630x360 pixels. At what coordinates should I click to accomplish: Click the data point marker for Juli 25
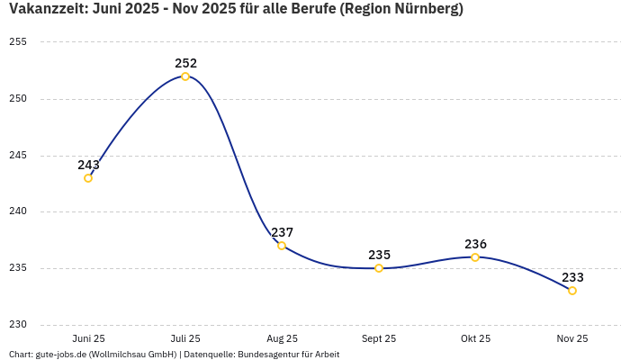click(185, 76)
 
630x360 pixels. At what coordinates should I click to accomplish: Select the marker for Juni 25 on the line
click(88, 178)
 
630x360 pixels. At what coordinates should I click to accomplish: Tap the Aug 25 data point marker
click(282, 246)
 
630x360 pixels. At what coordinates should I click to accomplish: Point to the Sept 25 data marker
click(379, 268)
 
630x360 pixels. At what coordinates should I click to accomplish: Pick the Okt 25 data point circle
click(475, 257)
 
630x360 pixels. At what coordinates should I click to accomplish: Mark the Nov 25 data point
click(572, 291)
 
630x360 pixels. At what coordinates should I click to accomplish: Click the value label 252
click(185, 63)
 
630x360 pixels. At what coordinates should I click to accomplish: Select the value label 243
click(88, 165)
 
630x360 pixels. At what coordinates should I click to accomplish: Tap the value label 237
click(282, 232)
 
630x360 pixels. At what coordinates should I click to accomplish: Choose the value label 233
click(572, 277)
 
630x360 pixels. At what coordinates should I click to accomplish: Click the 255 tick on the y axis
click(18, 42)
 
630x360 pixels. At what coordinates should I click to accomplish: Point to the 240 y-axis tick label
click(18, 211)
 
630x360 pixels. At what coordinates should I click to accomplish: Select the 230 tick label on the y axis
click(18, 325)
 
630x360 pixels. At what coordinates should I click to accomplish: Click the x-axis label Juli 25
click(185, 338)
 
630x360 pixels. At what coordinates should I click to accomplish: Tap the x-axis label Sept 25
click(379, 338)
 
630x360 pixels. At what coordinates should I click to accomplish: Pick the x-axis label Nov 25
click(572, 338)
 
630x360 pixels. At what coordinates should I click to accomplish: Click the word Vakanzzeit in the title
click(47, 10)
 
